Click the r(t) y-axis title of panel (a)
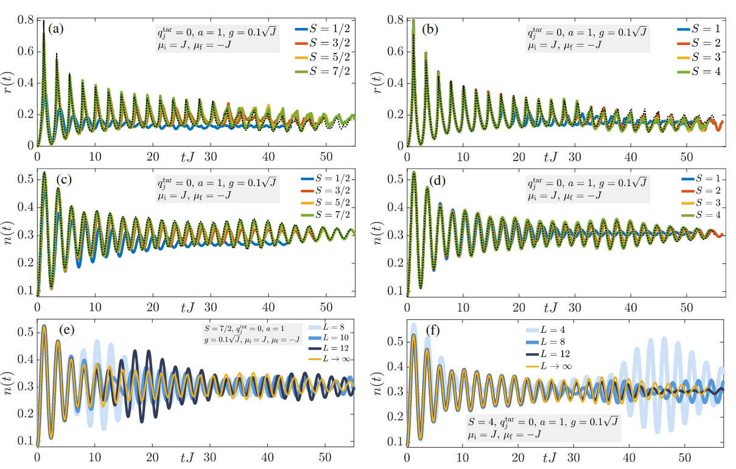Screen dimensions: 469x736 [x=12, y=82]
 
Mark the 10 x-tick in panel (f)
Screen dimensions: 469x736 [x=463, y=457]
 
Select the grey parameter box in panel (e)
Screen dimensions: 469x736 [x=252, y=335]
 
